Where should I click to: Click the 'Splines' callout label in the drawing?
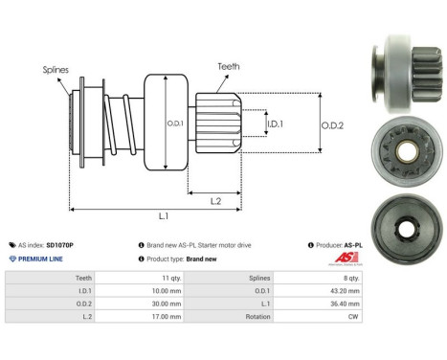(x=54, y=70)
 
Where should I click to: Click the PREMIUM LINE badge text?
(x=39, y=259)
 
